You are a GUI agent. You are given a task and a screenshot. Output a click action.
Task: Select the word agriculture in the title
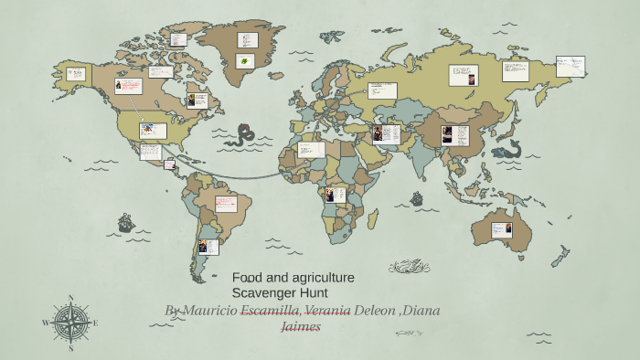320,277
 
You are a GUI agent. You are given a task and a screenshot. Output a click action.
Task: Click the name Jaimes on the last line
300,326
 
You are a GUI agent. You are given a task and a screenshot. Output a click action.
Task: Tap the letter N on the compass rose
71,299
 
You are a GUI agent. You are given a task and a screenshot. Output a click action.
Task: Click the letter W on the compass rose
46,323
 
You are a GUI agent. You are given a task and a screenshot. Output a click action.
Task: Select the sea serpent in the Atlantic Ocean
242,137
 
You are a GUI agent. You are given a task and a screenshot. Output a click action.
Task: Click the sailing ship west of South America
125,222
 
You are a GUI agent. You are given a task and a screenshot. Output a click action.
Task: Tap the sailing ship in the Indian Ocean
417,198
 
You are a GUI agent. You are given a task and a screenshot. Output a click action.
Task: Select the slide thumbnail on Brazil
226,203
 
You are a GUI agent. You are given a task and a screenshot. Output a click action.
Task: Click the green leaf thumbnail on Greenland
244,61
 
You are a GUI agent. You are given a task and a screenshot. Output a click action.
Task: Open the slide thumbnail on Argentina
208,247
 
